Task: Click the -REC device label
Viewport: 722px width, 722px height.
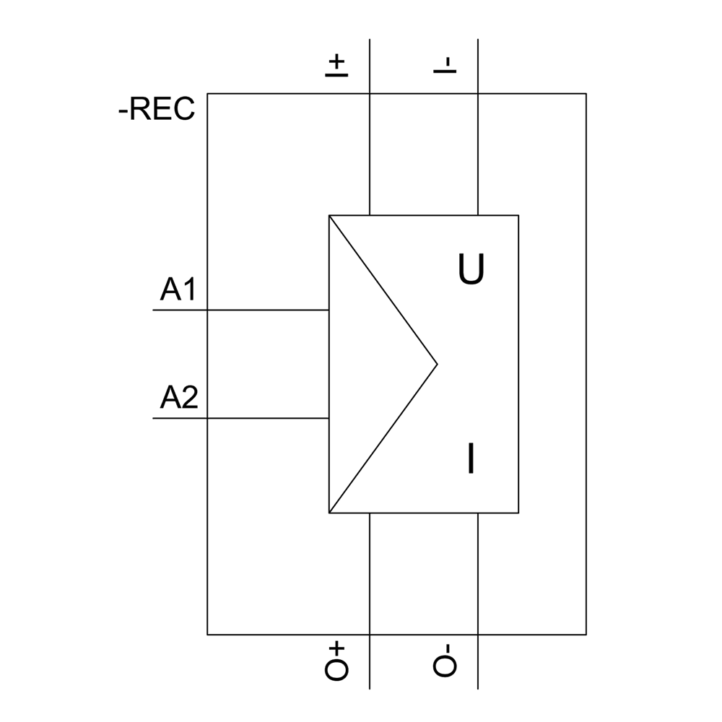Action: pos(157,109)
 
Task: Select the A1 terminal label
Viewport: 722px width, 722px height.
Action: pos(178,290)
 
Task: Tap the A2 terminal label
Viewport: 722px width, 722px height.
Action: pos(178,398)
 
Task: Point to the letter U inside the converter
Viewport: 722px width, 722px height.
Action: pos(471,270)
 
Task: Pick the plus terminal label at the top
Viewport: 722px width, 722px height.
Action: pos(336,65)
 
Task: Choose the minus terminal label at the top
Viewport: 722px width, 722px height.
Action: pos(445,65)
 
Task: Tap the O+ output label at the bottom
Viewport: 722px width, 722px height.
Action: pos(336,661)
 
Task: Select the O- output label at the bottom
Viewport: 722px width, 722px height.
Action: pos(445,661)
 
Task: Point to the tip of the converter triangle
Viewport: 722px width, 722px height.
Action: pos(437,364)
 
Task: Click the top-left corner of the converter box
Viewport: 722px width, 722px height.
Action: pos(329,215)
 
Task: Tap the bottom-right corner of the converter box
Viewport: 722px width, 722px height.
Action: pos(518,513)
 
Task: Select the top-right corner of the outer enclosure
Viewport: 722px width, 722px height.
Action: pos(586,94)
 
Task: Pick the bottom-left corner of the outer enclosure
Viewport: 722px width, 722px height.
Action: pos(207,635)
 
